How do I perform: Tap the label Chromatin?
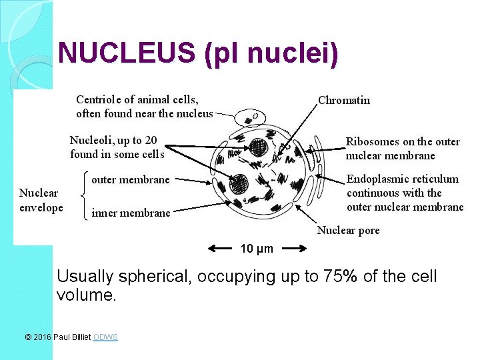[x=344, y=101]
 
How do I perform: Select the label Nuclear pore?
[x=348, y=231]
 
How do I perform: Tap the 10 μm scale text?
[x=257, y=249]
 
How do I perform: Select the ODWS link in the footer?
[x=105, y=337]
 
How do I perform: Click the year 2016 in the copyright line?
[x=42, y=337]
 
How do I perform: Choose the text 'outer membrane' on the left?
[x=130, y=179]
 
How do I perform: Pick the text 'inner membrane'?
[x=131, y=213]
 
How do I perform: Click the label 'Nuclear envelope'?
[x=40, y=200]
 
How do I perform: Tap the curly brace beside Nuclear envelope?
[x=83, y=195]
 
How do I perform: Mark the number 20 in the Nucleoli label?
[x=151, y=140]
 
